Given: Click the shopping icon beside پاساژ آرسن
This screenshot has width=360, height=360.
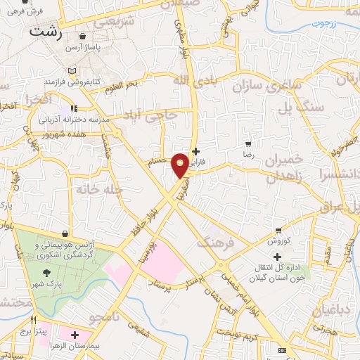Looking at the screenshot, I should (x=84, y=37).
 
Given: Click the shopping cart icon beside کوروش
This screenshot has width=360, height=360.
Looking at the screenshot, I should (x=279, y=230).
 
